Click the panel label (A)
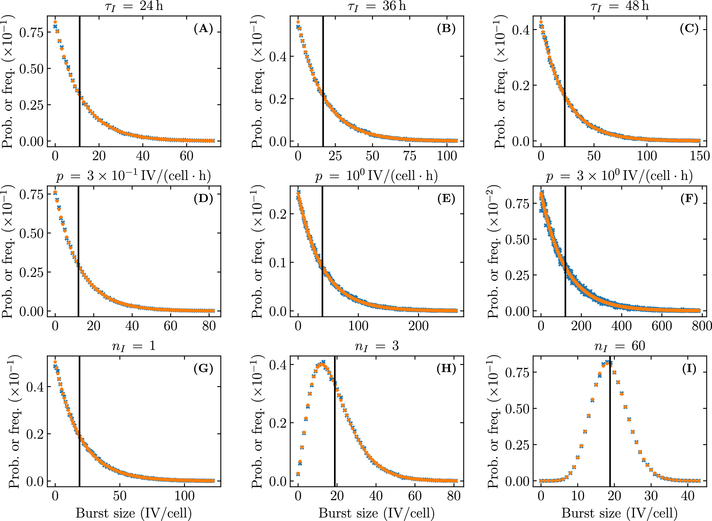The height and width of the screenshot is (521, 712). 203,28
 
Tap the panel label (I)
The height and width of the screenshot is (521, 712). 689,369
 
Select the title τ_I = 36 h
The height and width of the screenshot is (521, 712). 377,6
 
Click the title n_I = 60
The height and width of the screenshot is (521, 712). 619,346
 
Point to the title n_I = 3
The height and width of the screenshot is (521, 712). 377,346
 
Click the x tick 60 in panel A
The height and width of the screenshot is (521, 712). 187,155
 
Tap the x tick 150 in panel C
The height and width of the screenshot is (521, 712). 699,155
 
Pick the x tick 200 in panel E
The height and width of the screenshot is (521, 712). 418,325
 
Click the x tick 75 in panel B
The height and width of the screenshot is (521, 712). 410,155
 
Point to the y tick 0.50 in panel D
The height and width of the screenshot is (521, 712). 31,234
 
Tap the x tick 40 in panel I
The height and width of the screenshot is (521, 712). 688,495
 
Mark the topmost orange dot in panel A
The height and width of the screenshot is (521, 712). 55,22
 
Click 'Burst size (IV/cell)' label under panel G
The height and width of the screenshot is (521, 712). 134,513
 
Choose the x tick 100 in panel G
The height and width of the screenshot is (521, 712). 184,495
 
